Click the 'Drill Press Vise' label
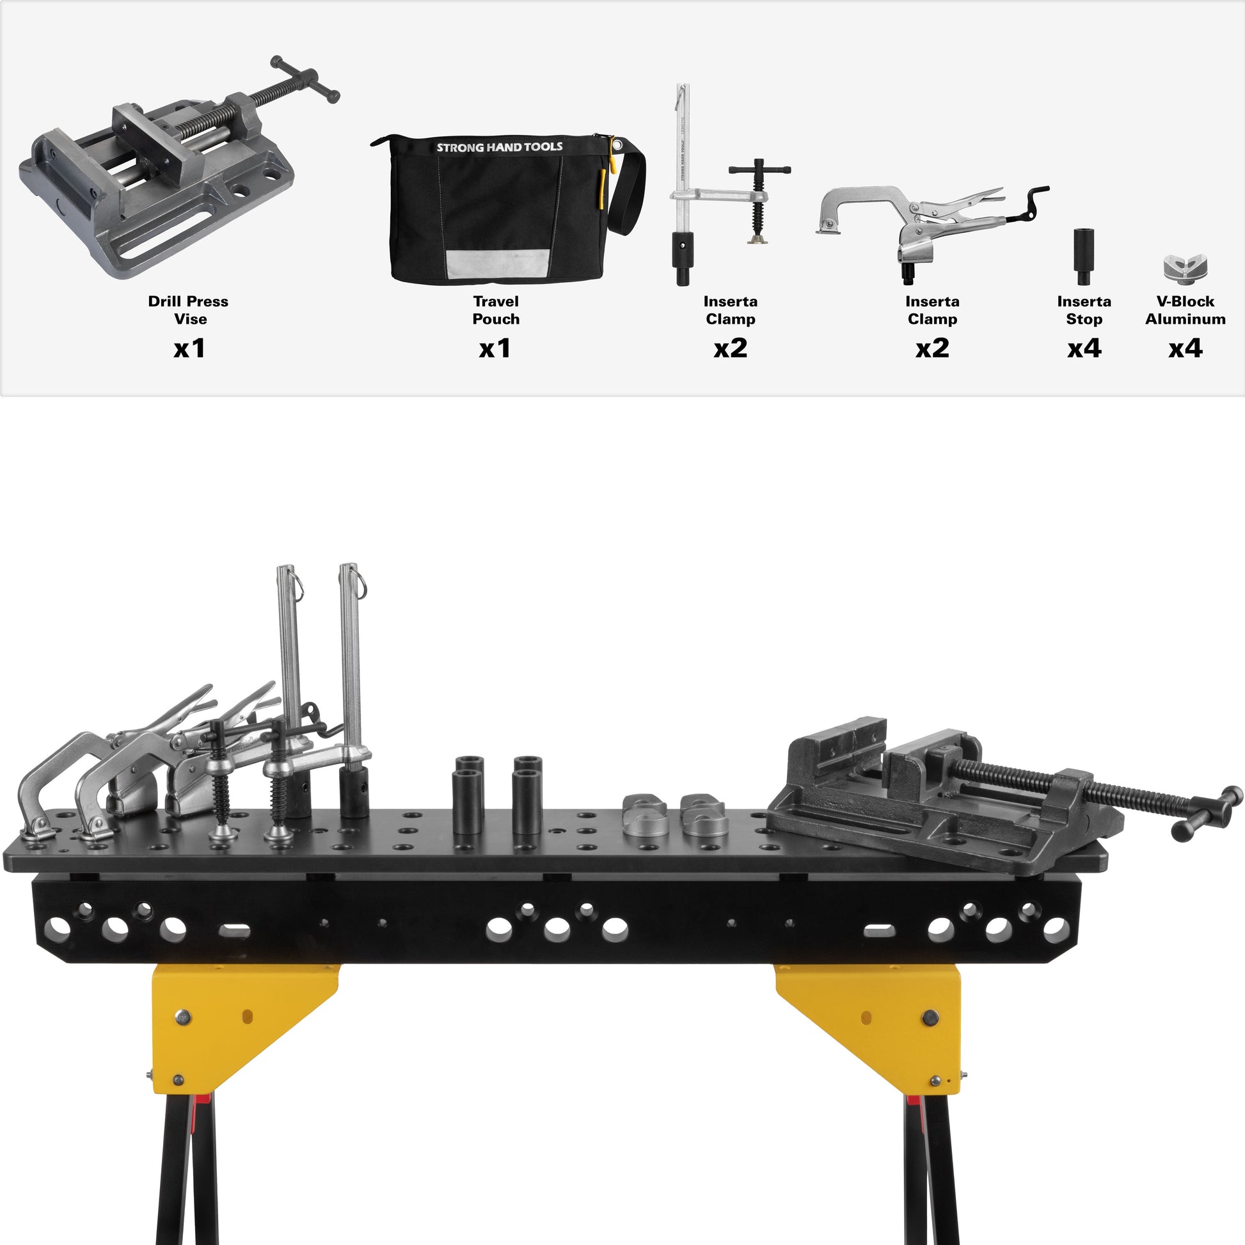pos(188,310)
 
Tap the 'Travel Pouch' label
pos(496,310)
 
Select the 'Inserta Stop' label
pos(1084,310)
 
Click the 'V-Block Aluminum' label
pos(1185,310)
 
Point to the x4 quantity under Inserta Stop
pos(1084,349)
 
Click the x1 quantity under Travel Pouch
pos(495,349)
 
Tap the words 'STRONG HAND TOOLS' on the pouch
pos(500,147)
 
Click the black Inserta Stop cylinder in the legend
pos(1084,256)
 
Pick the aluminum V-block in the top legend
pos(1185,268)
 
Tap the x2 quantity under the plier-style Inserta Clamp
pos(932,349)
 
